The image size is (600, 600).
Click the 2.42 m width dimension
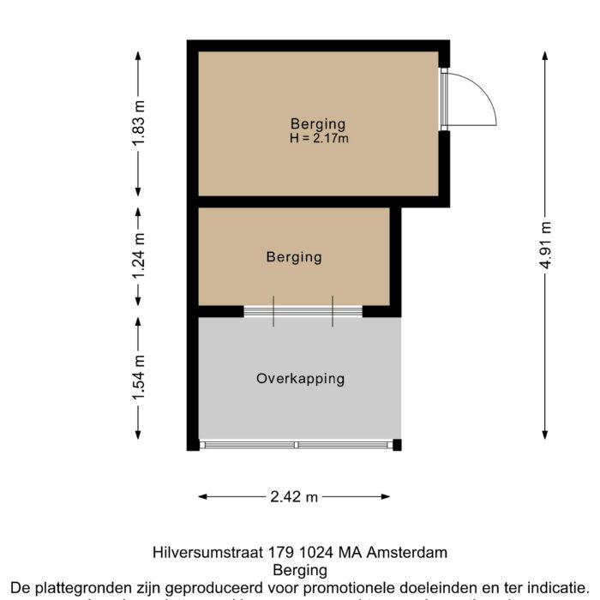[294, 496]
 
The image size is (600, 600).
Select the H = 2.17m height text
[318, 137]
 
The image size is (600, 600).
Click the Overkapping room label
[300, 378]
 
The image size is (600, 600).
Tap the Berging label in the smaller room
[294, 256]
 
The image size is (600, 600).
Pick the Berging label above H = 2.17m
[318, 123]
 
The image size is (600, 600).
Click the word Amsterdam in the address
[408, 553]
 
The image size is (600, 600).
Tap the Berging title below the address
[299, 570]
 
